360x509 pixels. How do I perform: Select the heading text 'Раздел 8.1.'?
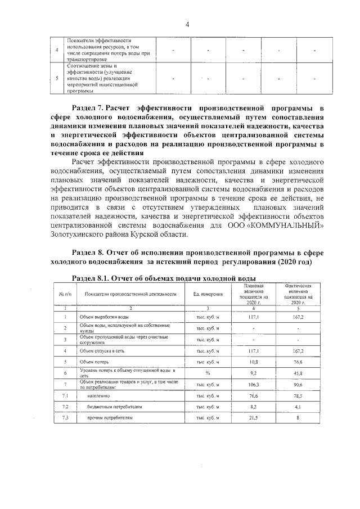[x=91, y=278]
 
